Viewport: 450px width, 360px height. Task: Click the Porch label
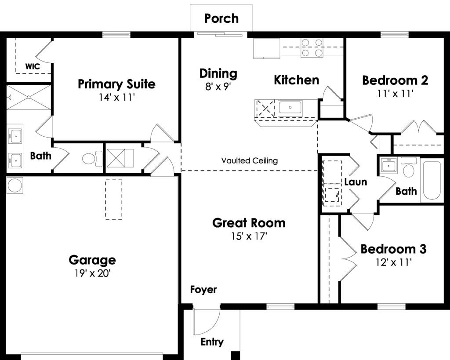point(221,18)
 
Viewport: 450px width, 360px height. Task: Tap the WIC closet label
point(33,67)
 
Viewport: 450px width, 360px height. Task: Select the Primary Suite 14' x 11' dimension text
point(117,98)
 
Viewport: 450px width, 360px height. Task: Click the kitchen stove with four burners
point(312,47)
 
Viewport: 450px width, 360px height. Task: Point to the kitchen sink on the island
point(290,108)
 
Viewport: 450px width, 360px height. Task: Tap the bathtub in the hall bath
point(432,180)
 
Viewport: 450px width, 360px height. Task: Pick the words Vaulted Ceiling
point(250,160)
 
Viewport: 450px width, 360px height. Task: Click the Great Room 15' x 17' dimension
point(249,236)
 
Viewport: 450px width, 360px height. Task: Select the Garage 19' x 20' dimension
point(92,273)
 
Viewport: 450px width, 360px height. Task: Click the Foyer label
point(203,290)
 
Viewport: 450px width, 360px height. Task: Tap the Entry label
point(212,342)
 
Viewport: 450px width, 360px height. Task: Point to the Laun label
point(356,182)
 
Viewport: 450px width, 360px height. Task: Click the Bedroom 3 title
point(393,249)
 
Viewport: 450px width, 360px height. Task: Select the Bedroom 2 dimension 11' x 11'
point(395,94)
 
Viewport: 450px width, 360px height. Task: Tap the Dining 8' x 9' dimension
point(218,87)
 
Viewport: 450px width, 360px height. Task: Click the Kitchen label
point(297,80)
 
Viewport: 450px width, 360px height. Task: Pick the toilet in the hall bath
point(409,167)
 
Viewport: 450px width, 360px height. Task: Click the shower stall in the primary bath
point(29,97)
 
